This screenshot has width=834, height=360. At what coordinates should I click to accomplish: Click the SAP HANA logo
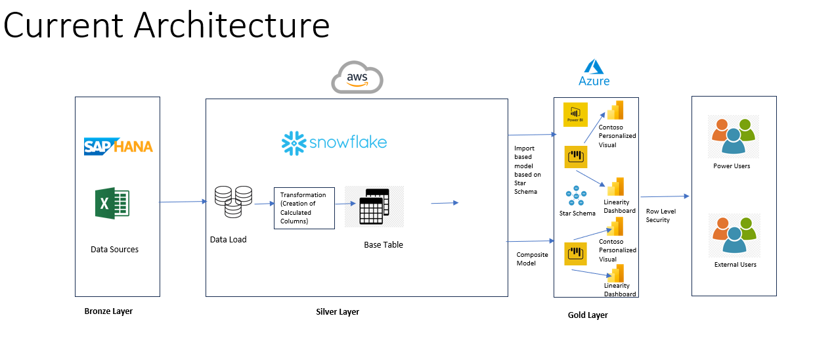pos(118,146)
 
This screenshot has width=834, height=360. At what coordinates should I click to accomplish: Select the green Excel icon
pos(112,203)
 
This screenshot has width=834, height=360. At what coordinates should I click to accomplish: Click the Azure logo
pos(594,72)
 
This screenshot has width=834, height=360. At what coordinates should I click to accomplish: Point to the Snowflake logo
pos(334,143)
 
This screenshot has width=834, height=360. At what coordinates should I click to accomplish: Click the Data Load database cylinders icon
pos(232,201)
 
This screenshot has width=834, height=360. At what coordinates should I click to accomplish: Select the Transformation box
pos(304,208)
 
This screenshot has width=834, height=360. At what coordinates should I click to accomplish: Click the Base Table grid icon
pos(374,206)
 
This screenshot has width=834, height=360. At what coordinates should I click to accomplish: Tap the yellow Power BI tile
pos(575,114)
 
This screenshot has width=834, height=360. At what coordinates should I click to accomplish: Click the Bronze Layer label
pos(108,311)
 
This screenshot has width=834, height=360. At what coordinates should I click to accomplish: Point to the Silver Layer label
pos(338,312)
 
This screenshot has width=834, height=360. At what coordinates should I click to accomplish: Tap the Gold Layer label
pos(588,315)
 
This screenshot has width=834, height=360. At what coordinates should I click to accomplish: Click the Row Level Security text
pos(661,215)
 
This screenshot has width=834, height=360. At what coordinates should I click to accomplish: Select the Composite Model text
pos(532,259)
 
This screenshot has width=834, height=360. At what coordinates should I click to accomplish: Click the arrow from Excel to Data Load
pos(183,202)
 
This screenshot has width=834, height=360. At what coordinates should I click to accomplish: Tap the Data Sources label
pos(114,250)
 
